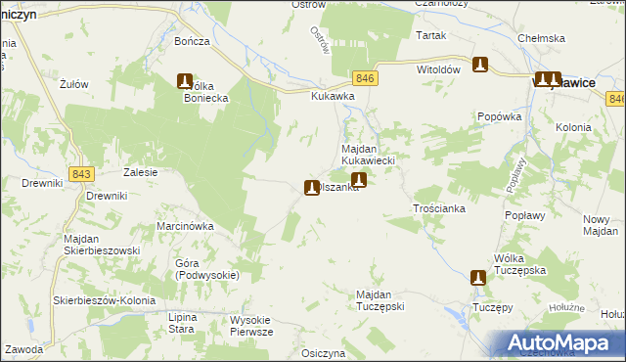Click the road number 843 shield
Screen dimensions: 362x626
coord(81,173)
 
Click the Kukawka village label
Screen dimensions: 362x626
coord(333,97)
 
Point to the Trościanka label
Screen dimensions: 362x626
coord(438,209)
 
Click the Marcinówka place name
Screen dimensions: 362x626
coord(185,226)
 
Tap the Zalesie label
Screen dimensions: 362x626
coord(141,171)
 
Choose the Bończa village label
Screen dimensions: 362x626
coord(193,42)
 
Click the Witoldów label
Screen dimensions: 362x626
coord(438,70)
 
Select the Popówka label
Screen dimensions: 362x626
coord(503,115)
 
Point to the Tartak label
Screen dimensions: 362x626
coord(430,35)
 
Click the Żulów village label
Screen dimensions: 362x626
coord(74,84)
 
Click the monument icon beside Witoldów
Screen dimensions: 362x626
coord(480,66)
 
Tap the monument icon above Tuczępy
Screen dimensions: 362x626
coord(477,278)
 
